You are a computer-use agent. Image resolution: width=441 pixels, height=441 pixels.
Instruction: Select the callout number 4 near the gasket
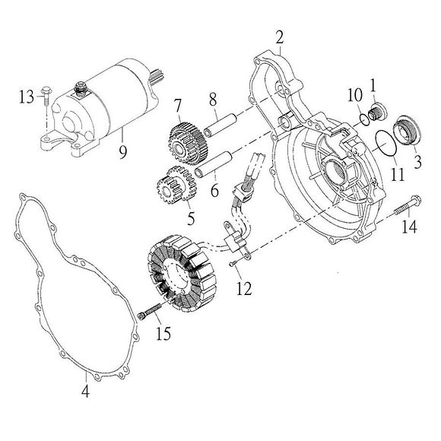click(x=85, y=392)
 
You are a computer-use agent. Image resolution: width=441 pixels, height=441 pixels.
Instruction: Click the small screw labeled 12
click(x=235, y=264)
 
